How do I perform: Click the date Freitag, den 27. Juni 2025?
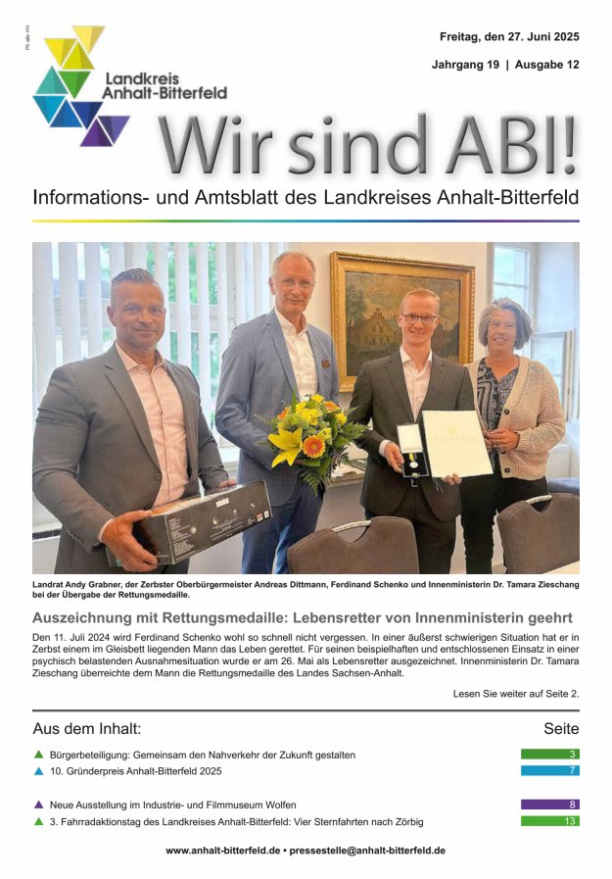pos(509,37)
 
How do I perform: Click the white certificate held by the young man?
pos(456,443)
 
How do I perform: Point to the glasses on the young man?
pos(420,318)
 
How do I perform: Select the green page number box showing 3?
pos(549,755)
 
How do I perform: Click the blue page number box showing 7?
pos(549,770)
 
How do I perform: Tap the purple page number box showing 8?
pos(549,805)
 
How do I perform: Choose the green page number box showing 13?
pos(549,821)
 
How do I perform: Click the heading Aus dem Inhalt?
pos(87,728)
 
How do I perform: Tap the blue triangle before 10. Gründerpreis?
pos(38,771)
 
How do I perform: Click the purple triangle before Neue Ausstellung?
pos(38,805)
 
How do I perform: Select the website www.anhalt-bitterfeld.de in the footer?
pos(224,851)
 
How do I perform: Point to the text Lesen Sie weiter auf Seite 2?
pos(516,693)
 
